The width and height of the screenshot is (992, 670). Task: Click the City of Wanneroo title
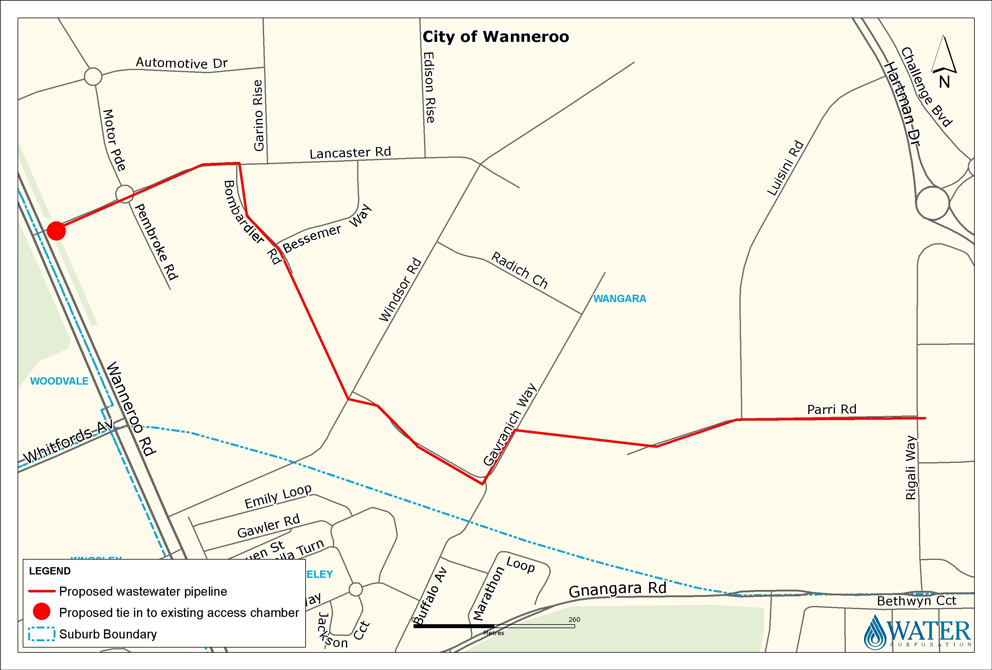[x=496, y=37]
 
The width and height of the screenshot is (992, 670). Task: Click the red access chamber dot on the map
[x=56, y=231]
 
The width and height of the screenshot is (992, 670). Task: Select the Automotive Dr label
[x=181, y=63]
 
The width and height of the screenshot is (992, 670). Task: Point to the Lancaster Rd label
[x=350, y=153]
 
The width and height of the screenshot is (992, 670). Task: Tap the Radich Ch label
[x=519, y=270]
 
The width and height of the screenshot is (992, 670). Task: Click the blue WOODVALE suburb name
[x=59, y=381]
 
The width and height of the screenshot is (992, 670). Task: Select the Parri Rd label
[x=832, y=409]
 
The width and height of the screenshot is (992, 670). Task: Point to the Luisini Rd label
[x=786, y=168]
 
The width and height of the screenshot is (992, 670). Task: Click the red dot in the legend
[x=42, y=612]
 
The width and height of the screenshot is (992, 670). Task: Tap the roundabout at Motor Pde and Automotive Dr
[x=93, y=77]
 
